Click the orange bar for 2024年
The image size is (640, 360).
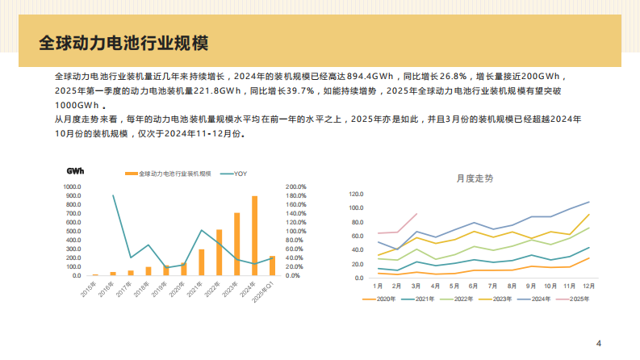pos(255,236)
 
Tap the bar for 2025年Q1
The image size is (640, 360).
pos(273,266)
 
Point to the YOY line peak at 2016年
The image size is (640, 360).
pos(113,195)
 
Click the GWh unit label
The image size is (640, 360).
pos(75,171)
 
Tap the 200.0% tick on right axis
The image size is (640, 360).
pos(297,186)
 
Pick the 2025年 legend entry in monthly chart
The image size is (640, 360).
pos(575,299)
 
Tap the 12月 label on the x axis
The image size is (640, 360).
pos(588,286)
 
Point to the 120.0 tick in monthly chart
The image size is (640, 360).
pos(356,195)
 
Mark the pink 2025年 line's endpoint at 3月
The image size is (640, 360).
pos(416,214)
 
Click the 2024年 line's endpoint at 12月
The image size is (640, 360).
pos(588,202)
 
